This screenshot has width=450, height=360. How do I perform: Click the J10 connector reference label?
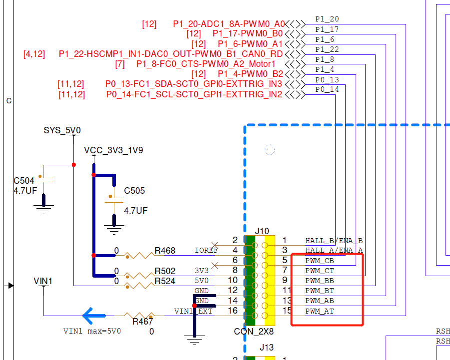[x=262, y=231]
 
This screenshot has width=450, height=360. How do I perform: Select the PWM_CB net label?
[x=320, y=261]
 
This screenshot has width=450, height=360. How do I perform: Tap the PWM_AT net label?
[x=320, y=311]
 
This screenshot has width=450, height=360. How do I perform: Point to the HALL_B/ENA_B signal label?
[x=334, y=241]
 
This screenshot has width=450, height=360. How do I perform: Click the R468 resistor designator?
[x=165, y=250]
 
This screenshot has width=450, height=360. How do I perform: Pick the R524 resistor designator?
[x=165, y=281]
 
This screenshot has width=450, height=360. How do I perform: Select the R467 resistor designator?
[x=142, y=322]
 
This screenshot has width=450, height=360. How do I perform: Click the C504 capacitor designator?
[x=24, y=180]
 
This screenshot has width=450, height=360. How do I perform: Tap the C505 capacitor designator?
[x=134, y=191]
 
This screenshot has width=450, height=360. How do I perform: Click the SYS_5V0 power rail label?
[x=62, y=130]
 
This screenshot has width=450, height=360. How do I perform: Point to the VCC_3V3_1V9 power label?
[x=113, y=150]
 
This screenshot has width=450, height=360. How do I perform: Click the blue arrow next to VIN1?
[x=94, y=316]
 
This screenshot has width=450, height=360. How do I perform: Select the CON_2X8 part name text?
[x=254, y=331]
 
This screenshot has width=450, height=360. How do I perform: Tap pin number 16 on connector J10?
[x=233, y=311]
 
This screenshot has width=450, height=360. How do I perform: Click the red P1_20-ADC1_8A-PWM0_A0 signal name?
[x=229, y=24]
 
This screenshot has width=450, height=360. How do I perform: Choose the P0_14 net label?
[x=327, y=89]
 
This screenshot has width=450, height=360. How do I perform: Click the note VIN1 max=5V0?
[x=92, y=331]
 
